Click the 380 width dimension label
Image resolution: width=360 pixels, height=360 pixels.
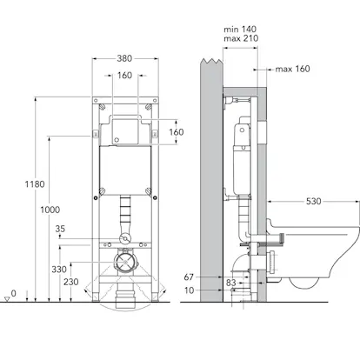point(124,58)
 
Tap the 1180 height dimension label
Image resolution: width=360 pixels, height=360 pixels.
point(35,184)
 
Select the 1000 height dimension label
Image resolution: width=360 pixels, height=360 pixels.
point(50,210)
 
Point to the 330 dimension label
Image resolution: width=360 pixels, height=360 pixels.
point(59,270)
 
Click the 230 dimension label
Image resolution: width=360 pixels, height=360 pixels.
point(71,282)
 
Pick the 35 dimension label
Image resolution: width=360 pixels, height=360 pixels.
point(60,229)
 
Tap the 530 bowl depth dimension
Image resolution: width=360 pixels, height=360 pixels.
point(314,201)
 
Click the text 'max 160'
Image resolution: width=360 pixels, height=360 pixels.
point(292,69)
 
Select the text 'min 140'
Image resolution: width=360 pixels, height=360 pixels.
point(240,30)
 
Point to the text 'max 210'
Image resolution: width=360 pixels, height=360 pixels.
point(241,38)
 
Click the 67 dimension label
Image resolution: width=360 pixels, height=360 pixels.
point(189,277)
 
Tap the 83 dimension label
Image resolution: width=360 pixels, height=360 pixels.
point(231,283)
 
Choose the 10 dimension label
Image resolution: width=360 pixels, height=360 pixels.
point(189,290)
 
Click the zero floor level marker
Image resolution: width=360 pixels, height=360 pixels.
point(10,296)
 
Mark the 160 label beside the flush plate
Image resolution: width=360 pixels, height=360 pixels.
point(177,132)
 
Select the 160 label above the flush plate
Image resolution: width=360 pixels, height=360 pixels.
point(124,76)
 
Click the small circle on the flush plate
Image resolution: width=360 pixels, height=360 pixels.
point(117,140)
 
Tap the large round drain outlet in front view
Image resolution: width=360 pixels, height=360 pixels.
point(125,263)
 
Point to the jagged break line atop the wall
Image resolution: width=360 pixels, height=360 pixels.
point(211,61)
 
